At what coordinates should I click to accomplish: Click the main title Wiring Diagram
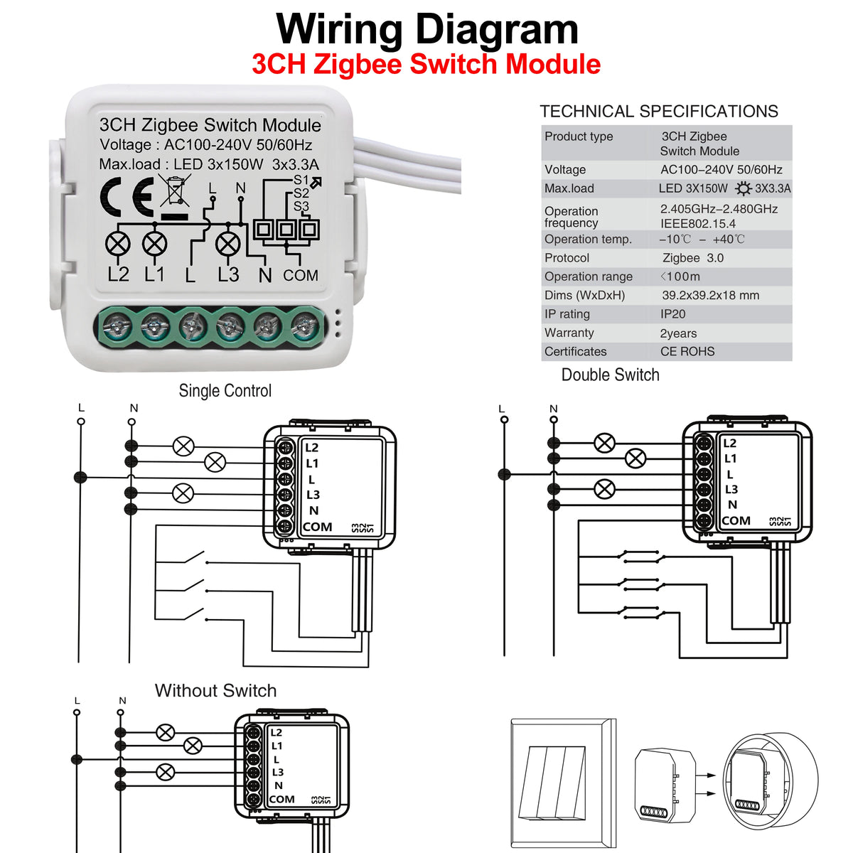point(426,30)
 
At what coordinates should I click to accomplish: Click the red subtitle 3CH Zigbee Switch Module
point(426,65)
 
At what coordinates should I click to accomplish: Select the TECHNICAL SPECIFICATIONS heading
point(658,112)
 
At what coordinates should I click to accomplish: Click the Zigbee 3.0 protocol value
point(692,258)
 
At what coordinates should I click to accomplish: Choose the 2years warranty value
point(678,333)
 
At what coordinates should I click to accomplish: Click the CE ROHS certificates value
point(687,352)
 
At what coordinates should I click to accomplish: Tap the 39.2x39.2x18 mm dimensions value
point(710,296)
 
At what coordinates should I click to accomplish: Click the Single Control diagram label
point(225,391)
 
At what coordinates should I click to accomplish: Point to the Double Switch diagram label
point(610,375)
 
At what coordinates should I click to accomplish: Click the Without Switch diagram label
point(215,691)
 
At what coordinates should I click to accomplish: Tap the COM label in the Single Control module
point(318,527)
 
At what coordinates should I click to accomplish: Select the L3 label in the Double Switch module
point(731,489)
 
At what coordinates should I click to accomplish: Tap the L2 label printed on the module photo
point(118,274)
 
